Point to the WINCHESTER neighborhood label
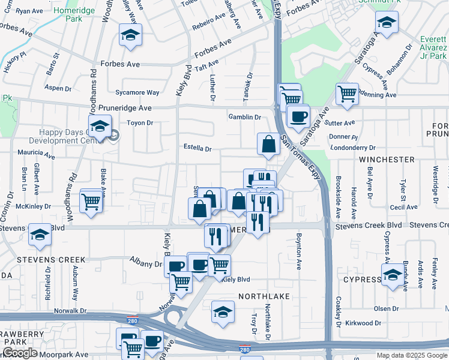(x=387, y=160)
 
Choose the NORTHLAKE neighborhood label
(x=264, y=297)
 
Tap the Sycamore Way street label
(x=137, y=93)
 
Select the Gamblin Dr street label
(x=244, y=117)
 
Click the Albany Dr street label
(x=146, y=263)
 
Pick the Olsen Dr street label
(x=382, y=308)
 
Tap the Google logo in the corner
(x=19, y=353)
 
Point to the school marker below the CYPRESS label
(x=393, y=277)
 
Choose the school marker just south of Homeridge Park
(x=130, y=35)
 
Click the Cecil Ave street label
(x=403, y=207)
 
